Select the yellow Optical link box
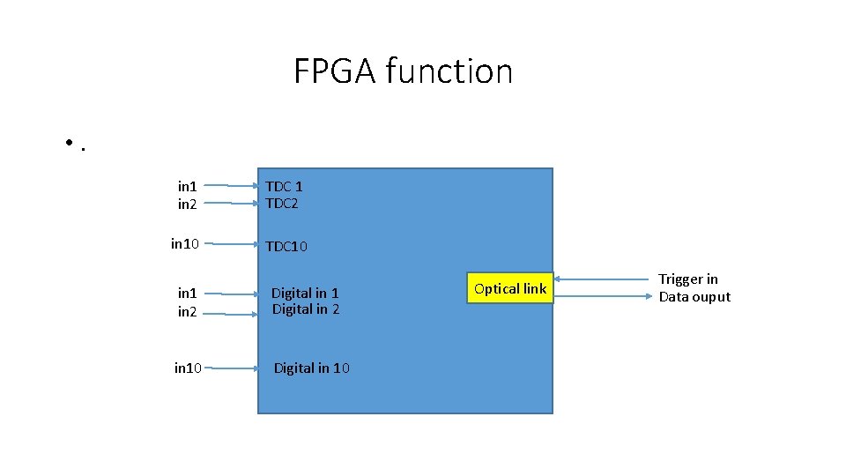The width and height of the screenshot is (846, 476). (510, 289)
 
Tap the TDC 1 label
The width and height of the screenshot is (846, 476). (285, 186)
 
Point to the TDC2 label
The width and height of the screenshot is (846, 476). (283, 204)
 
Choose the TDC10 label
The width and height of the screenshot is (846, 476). (287, 247)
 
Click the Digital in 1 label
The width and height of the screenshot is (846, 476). (305, 293)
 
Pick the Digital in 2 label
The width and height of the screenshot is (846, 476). (306, 309)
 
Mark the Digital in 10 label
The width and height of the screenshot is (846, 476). (312, 368)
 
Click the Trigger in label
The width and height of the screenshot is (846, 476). (688, 279)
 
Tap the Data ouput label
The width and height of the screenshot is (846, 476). (694, 297)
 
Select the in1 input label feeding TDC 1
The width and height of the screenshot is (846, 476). (188, 186)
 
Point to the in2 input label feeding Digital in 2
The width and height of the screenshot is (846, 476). (188, 312)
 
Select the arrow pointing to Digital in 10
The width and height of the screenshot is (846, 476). (235, 368)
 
